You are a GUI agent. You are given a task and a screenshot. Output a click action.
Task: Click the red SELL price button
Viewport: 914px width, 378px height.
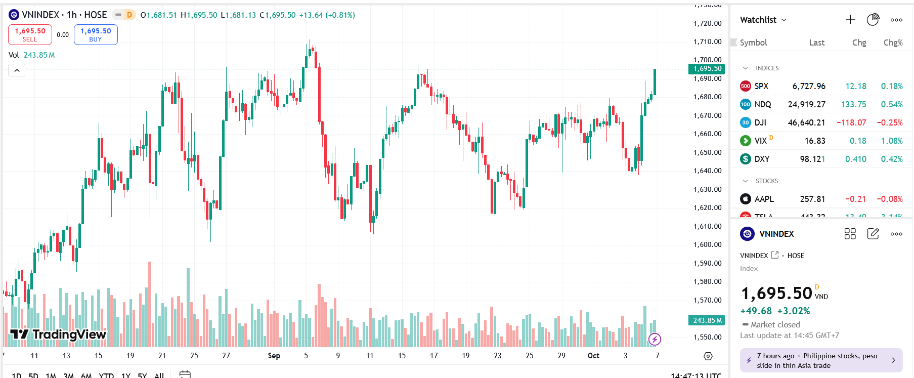(30, 34)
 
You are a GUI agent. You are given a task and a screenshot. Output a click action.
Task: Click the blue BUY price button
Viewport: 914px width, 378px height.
(96, 34)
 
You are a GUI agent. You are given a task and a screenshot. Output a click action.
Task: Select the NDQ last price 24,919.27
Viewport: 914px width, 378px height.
(806, 104)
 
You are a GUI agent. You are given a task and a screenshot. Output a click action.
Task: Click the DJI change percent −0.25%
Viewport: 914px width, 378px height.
(889, 122)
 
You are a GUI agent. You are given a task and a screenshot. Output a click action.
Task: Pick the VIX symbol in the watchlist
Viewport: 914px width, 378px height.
(760, 141)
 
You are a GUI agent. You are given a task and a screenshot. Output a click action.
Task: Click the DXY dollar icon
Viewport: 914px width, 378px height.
(745, 159)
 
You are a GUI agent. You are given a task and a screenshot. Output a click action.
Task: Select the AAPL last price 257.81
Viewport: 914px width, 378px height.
(812, 199)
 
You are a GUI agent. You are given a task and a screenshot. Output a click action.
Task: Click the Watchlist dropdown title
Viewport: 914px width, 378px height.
(763, 20)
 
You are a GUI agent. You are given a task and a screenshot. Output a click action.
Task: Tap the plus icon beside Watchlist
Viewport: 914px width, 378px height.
(850, 20)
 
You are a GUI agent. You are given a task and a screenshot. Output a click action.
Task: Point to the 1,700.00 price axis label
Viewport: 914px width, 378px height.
(707, 60)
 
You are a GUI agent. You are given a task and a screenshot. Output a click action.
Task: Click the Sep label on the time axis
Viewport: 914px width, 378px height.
(274, 356)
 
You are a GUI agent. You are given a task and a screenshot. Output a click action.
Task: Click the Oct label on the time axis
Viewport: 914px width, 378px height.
(593, 356)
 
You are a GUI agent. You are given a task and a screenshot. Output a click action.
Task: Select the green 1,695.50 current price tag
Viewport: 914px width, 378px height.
(707, 69)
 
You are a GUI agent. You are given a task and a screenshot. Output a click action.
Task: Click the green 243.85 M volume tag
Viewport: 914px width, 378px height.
(707, 320)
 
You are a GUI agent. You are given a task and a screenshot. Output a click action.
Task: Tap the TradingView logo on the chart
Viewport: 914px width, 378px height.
(58, 334)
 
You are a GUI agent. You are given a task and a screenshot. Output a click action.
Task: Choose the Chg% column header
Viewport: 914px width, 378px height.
(893, 43)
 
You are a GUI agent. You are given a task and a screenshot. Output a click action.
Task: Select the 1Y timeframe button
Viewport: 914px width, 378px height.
(126, 375)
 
